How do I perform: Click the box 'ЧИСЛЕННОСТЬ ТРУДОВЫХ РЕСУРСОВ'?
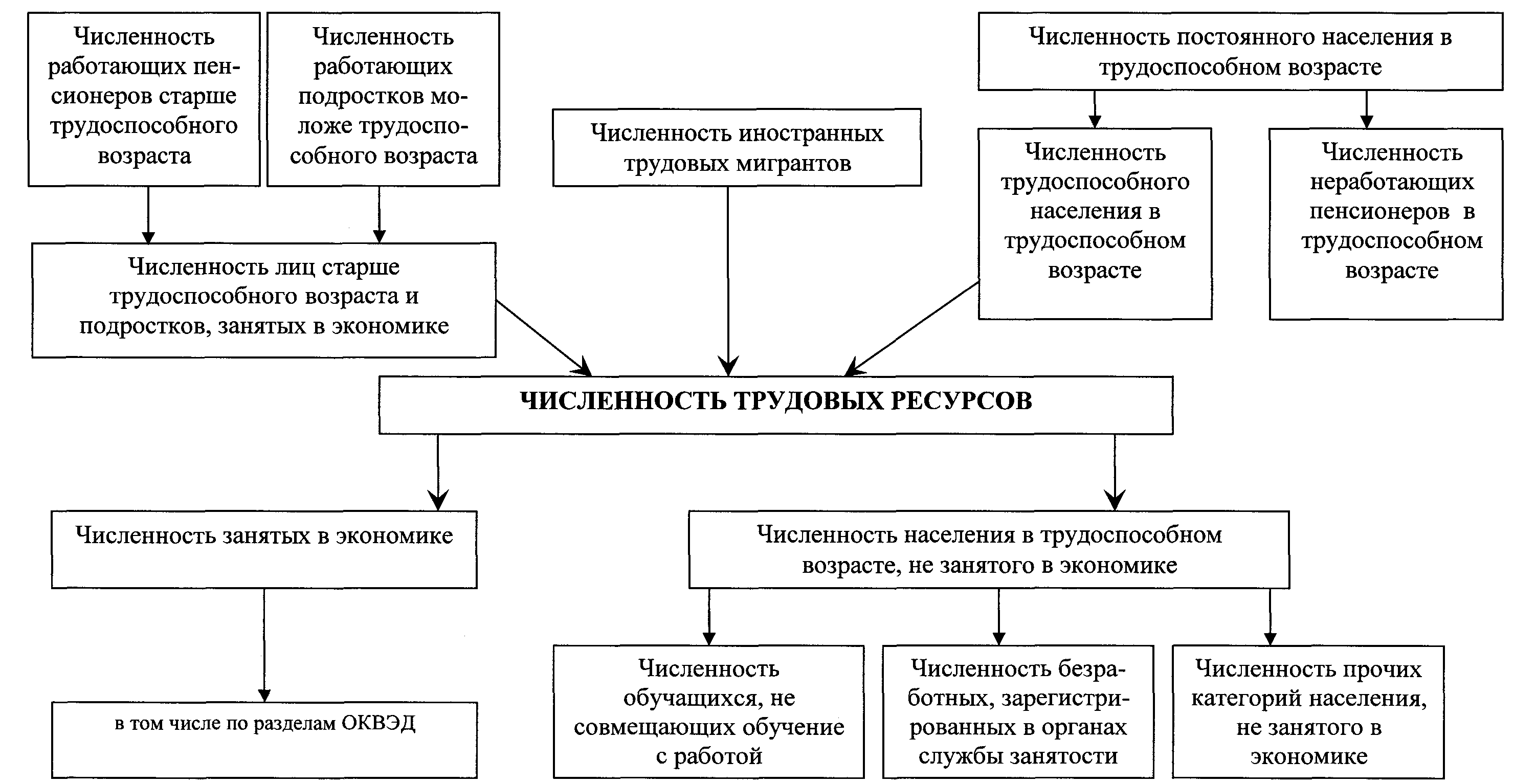coord(776,405)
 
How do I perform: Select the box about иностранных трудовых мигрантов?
coord(737,147)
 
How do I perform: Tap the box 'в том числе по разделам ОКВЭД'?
coord(264,740)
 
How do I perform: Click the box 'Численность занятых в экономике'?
coord(264,549)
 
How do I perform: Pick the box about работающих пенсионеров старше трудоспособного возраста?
coord(144,99)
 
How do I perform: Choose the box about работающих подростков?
coord(383,99)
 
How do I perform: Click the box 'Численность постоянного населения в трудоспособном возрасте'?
coord(1240,52)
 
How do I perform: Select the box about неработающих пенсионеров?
coord(1391,223)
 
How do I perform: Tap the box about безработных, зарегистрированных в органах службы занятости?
coord(1017,711)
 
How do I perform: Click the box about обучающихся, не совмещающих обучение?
coord(708,711)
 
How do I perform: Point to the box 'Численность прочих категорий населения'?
coord(1308,711)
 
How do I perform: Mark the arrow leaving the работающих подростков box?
coord(379,215)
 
